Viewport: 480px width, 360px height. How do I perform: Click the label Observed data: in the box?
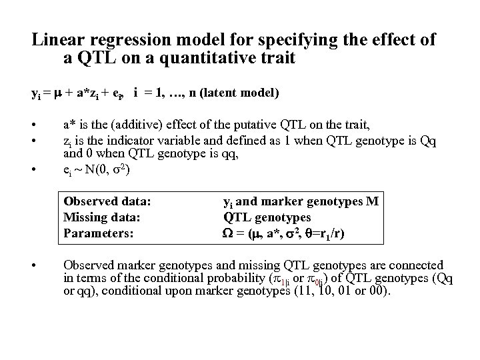107,201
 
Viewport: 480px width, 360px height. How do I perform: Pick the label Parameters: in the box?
98,233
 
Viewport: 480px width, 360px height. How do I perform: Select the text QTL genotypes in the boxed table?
267,217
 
